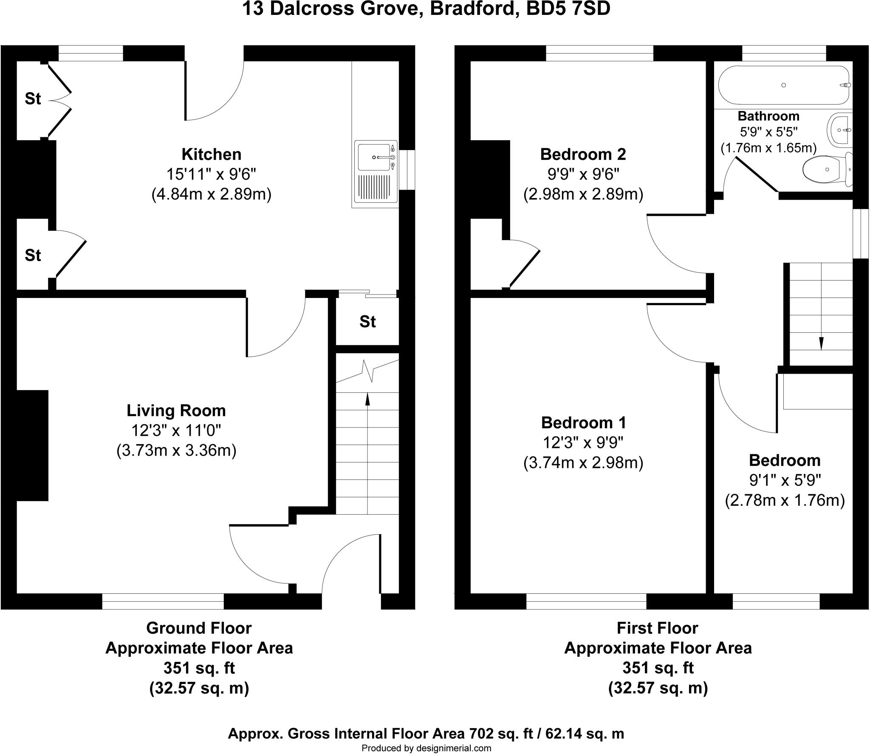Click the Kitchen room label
coord(211,154)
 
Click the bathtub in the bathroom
coord(783,85)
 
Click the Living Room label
coord(176,411)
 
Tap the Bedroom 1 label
coord(583,422)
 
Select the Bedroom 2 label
coord(583,154)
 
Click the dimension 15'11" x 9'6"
coord(211,174)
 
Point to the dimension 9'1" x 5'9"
coord(785,480)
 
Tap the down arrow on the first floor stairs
coord(821,343)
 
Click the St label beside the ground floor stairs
coord(367,322)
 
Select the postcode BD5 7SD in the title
coord(568,9)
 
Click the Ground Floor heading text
coord(199,628)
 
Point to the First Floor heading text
coord(658,628)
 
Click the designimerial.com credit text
coord(426,748)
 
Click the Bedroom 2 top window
coord(599,53)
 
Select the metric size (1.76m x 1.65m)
coord(768,148)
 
